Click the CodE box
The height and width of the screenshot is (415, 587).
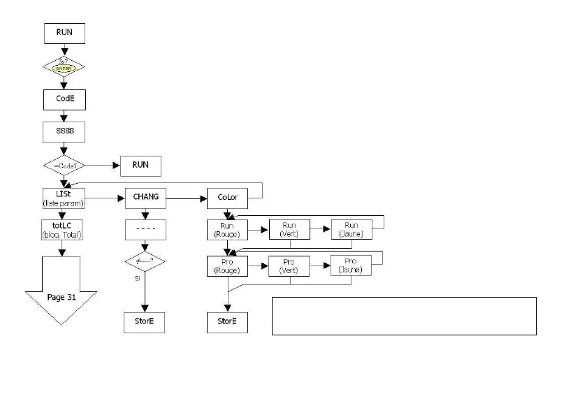(x=64, y=99)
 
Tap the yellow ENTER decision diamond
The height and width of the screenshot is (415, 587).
(x=64, y=67)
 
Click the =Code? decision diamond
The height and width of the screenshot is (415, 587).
(x=64, y=166)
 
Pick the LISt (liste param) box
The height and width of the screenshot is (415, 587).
(x=64, y=198)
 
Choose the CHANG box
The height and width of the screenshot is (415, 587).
(x=145, y=198)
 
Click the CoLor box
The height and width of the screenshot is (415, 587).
(x=227, y=198)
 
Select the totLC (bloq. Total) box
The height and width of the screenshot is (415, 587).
(x=64, y=230)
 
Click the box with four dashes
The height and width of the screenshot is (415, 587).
(x=145, y=230)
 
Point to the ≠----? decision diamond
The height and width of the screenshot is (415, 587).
(x=145, y=262)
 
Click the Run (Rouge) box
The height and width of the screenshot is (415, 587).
(x=227, y=230)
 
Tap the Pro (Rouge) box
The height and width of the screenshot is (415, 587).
(x=227, y=266)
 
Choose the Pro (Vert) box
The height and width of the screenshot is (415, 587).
(x=289, y=266)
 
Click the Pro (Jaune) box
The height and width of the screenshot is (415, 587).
(x=351, y=266)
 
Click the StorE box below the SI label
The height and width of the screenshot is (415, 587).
(x=145, y=322)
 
